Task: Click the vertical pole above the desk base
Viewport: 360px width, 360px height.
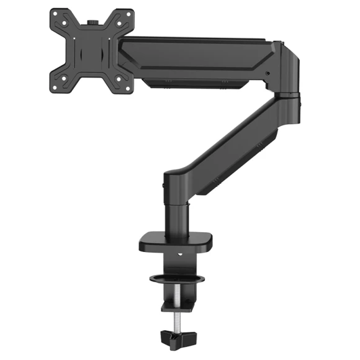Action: [x=178, y=214]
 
